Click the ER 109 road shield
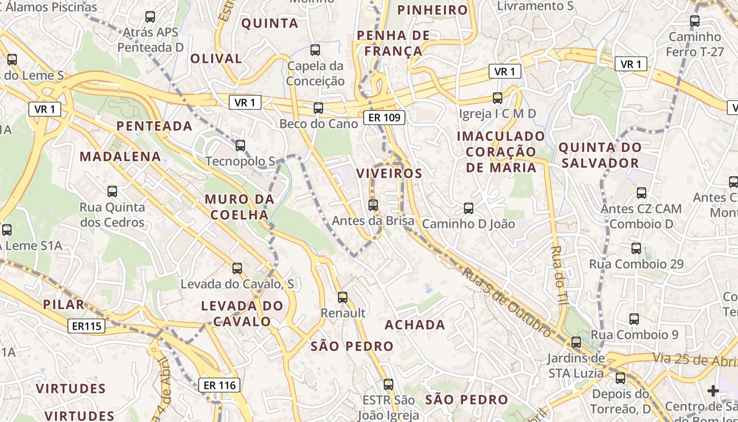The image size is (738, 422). click(385, 118)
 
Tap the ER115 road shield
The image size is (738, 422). click(87, 326)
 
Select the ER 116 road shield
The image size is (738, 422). click(220, 385)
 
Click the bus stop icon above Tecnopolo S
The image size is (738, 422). click(240, 145)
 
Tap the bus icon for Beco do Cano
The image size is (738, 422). click(318, 108)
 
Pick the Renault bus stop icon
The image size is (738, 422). click(343, 298)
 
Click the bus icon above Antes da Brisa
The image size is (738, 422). click(373, 205)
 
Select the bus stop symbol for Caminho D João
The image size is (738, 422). click(468, 208)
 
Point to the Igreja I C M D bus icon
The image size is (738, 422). click(497, 98)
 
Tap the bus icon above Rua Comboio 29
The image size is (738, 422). click(636, 248)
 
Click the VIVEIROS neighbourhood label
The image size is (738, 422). click(389, 174)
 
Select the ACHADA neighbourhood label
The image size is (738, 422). click(415, 324)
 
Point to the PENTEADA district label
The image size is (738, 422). click(154, 126)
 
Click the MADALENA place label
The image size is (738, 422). click(120, 157)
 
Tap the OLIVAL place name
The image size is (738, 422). click(216, 59)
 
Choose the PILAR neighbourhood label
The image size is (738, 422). click(64, 304)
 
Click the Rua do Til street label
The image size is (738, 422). click(558, 274)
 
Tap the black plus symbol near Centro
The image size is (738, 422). click(713, 391)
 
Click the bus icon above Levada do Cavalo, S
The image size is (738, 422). click(237, 268)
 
